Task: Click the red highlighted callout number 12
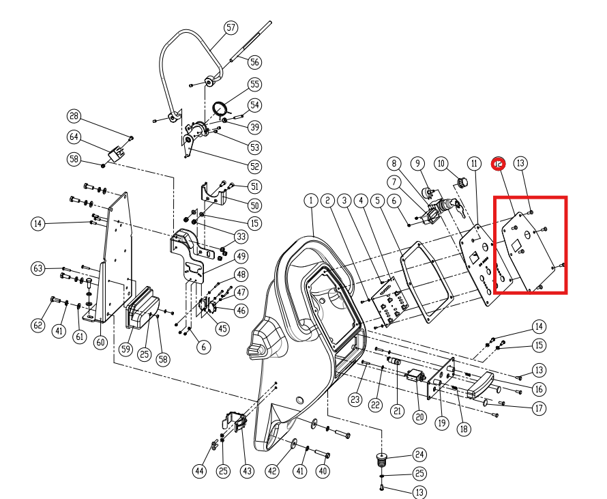(499, 163)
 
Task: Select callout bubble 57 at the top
(231, 27)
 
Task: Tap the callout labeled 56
(254, 62)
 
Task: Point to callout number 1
(311, 201)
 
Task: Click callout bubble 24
(418, 455)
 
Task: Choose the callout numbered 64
(74, 137)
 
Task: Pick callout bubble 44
(199, 471)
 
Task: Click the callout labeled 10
(442, 163)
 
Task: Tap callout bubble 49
(240, 257)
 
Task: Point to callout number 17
(539, 409)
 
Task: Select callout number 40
(323, 470)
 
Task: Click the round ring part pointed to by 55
(221, 108)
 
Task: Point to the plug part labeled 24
(382, 459)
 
